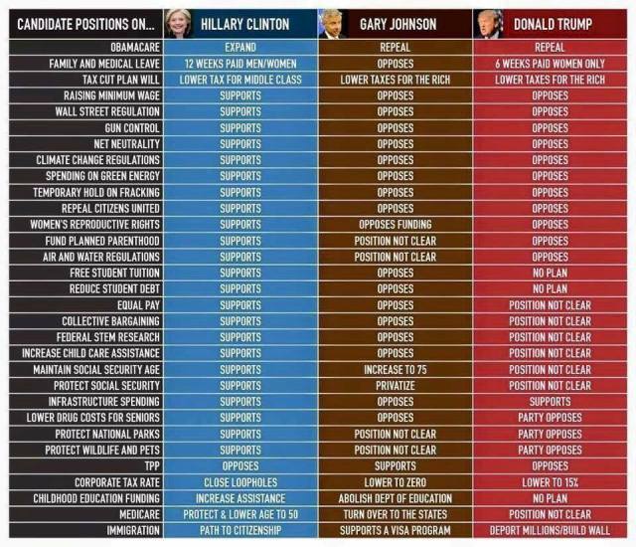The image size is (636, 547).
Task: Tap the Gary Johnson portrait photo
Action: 330,22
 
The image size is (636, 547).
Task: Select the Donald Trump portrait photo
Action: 488,22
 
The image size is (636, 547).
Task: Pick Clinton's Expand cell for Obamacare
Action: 239,47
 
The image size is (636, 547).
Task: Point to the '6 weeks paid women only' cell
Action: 550,63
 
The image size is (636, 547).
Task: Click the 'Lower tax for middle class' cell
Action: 239,79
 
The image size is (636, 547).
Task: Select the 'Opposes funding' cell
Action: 396,225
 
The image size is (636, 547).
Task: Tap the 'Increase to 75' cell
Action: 396,370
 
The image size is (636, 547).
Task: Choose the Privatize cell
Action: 396,386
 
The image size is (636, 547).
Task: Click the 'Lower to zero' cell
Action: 396,482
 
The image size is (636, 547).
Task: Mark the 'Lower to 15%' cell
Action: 550,482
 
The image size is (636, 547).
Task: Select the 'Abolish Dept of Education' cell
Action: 396,498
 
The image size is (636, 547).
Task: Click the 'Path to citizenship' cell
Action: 239,531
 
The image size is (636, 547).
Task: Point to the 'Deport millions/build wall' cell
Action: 550,531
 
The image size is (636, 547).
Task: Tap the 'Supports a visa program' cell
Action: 396,531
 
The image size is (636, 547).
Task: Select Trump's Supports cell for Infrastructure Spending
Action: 550,402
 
